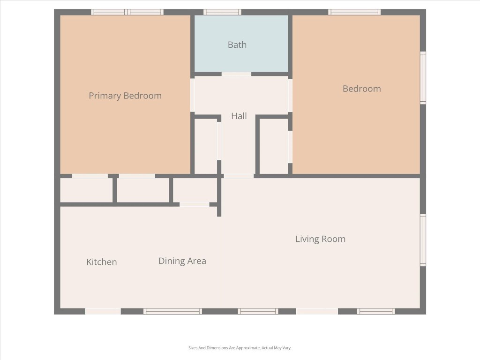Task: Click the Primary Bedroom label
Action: point(125,96)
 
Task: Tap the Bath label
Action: point(237,45)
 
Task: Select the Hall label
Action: point(239,116)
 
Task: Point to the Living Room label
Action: point(320,239)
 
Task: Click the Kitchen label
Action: point(102,262)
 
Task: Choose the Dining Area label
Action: point(182,261)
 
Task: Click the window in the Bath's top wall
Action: point(222,12)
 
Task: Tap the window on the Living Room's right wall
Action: point(423,240)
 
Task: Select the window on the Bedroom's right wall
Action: point(423,78)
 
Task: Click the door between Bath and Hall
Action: point(236,74)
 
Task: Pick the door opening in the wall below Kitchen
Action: point(103,311)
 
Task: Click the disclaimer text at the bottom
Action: point(240,348)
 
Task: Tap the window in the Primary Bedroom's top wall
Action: point(127,12)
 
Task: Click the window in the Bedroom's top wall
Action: point(354,12)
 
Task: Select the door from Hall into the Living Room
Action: point(239,176)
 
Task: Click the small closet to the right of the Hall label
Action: point(274,146)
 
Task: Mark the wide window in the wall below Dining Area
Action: point(172,311)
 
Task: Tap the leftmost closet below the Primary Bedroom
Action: point(87,190)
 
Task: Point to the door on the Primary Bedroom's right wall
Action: point(193,95)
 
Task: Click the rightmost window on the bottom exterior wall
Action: point(376,311)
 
